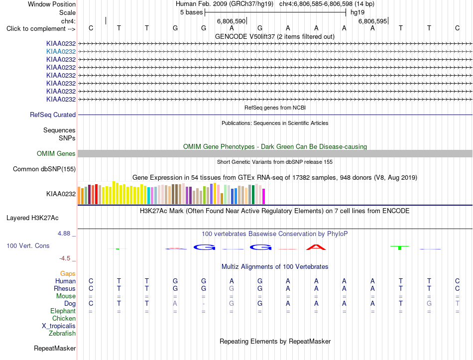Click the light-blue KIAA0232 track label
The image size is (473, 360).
(x=61, y=52)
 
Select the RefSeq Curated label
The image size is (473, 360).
(x=53, y=115)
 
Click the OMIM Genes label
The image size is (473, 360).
(x=56, y=153)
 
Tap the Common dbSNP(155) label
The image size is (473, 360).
(x=44, y=169)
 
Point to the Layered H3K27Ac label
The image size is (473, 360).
(x=32, y=218)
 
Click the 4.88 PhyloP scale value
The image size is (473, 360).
(x=64, y=234)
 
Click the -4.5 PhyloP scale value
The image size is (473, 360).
(x=65, y=258)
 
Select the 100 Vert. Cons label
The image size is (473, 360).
(x=28, y=245)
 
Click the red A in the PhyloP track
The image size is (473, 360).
(x=316, y=247)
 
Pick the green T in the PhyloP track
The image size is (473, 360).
(x=400, y=248)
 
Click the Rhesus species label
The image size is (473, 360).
(x=65, y=288)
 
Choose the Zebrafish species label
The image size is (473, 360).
(x=62, y=334)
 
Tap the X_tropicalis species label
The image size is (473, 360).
(x=59, y=326)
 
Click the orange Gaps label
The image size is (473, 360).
(x=68, y=273)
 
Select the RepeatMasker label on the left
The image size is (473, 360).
(x=55, y=348)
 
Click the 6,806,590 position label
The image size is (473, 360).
(x=232, y=21)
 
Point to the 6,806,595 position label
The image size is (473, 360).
(x=372, y=21)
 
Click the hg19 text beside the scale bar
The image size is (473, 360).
(x=357, y=12)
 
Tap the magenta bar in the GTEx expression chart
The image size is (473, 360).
(x=264, y=197)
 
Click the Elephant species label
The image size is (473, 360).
(x=63, y=311)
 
